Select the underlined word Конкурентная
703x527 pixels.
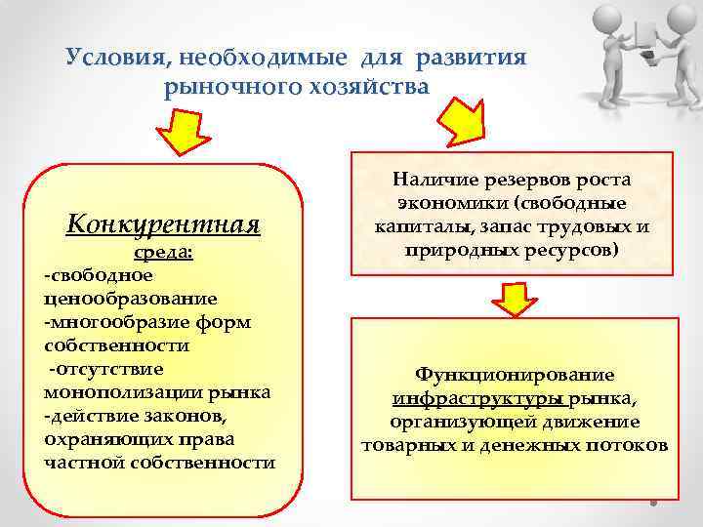163,225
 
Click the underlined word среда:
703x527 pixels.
163,255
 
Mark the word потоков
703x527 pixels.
630,446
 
